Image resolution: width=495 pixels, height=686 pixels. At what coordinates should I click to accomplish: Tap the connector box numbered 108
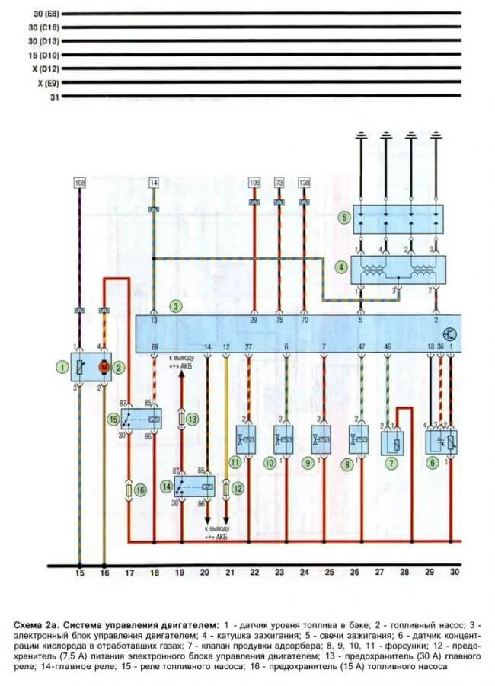point(80,183)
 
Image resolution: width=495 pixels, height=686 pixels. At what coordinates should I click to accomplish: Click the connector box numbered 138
point(305,183)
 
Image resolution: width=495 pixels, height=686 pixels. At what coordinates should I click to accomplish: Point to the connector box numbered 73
point(279,183)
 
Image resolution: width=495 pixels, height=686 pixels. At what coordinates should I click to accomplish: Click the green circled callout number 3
point(176,307)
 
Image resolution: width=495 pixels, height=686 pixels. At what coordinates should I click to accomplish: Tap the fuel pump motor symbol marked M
point(104,367)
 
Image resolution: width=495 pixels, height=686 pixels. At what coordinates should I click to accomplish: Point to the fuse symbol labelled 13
point(181,420)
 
